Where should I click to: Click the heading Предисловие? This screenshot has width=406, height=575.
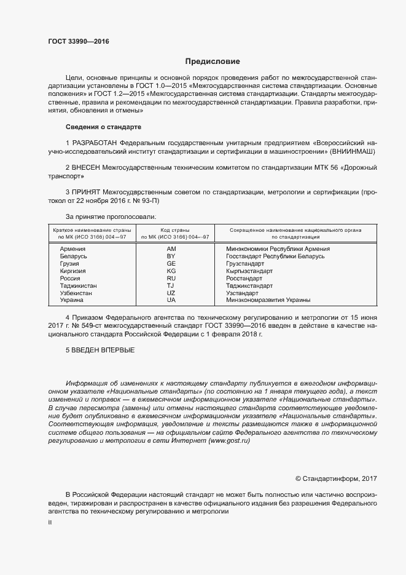[213, 61]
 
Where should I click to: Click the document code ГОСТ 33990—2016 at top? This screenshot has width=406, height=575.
[74, 41]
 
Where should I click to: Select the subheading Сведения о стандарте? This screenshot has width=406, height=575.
[104, 127]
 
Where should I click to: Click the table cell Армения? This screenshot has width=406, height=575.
[72, 248]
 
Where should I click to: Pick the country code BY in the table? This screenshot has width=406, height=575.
[171, 256]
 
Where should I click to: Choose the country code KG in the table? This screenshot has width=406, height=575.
[171, 271]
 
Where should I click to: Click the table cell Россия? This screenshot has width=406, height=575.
[70, 278]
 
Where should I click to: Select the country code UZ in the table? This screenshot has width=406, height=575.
[171, 293]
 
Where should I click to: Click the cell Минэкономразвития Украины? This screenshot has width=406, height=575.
[267, 300]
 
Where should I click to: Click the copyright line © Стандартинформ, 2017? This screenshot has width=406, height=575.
[336, 478]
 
